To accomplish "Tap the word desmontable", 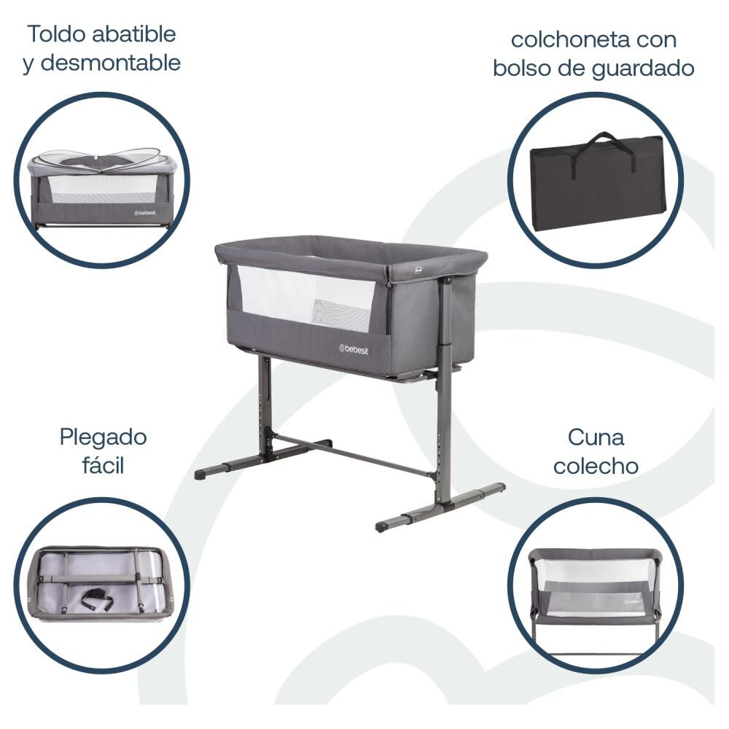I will (x=111, y=63).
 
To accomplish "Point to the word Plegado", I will (x=103, y=439).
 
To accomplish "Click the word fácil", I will (x=103, y=466).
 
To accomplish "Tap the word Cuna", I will (x=596, y=438).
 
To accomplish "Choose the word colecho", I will (x=596, y=466).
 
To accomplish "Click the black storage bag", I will (x=598, y=186).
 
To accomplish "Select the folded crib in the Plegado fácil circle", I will (x=101, y=582).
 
